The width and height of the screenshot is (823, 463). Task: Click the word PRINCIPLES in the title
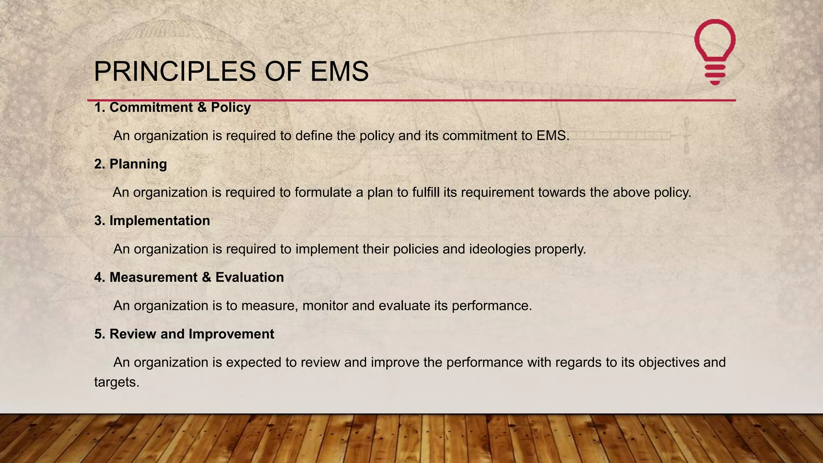pyautogui.click(x=175, y=72)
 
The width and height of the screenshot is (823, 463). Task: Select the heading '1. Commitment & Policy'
pyautogui.click(x=172, y=107)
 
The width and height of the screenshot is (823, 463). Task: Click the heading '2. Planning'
pyautogui.click(x=131, y=164)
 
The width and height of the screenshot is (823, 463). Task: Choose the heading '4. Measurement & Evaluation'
pyautogui.click(x=189, y=277)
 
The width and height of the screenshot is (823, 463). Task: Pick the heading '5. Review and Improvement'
pyautogui.click(x=184, y=334)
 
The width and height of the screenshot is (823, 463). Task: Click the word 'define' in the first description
pyautogui.click(x=314, y=136)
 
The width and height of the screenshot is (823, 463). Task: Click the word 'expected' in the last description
pyautogui.click(x=254, y=363)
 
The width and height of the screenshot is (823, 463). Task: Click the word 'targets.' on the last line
pyautogui.click(x=117, y=382)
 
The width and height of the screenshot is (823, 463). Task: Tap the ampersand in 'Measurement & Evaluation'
pyautogui.click(x=207, y=277)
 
